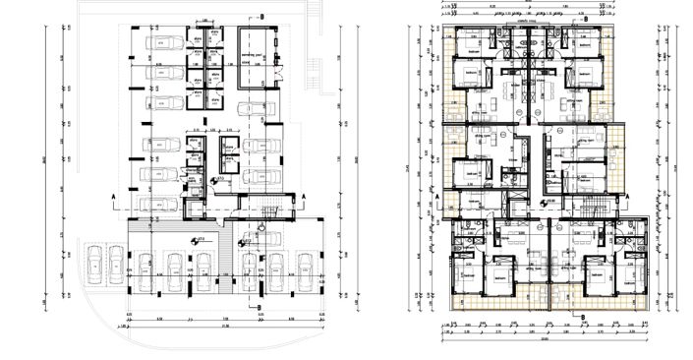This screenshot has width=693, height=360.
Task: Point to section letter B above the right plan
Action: point(585,19)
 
